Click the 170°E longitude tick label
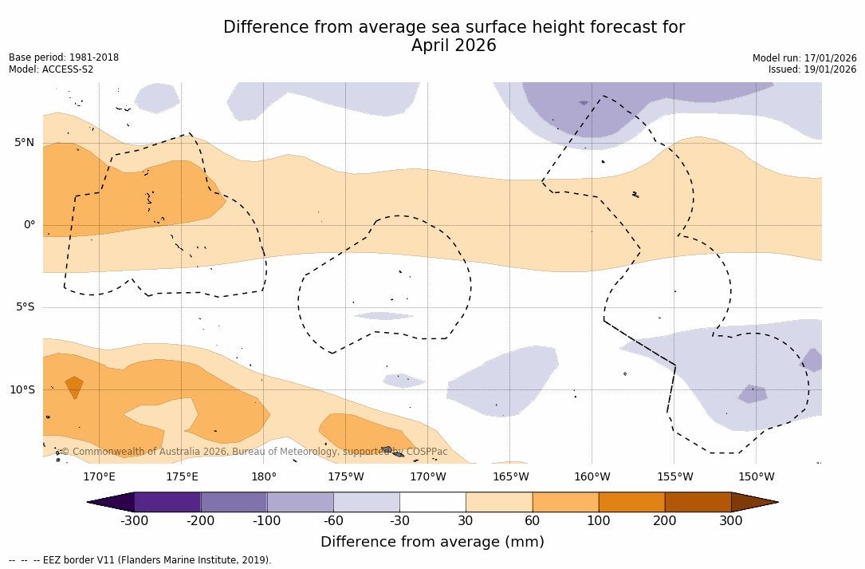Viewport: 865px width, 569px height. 99,477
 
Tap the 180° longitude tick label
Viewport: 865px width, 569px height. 263,477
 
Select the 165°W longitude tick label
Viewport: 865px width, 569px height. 510,477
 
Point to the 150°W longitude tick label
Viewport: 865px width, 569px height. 756,477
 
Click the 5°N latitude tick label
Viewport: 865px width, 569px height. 25,143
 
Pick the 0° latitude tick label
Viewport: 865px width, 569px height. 29,225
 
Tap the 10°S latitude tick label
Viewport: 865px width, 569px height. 22,390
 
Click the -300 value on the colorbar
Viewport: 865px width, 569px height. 134,521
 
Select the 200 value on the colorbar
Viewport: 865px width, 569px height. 664,521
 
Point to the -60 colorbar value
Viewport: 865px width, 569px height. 333,521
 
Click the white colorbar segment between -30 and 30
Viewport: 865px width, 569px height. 432,502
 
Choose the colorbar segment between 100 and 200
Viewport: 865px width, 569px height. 631,502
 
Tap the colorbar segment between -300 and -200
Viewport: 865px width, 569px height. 167,502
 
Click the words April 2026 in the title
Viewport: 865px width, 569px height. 454,46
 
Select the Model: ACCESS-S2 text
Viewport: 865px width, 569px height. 51,69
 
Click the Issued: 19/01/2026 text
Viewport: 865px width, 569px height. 812,69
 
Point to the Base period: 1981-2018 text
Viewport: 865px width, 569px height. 64,57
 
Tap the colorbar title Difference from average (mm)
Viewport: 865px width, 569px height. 432,543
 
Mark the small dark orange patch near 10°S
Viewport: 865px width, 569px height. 74,386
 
